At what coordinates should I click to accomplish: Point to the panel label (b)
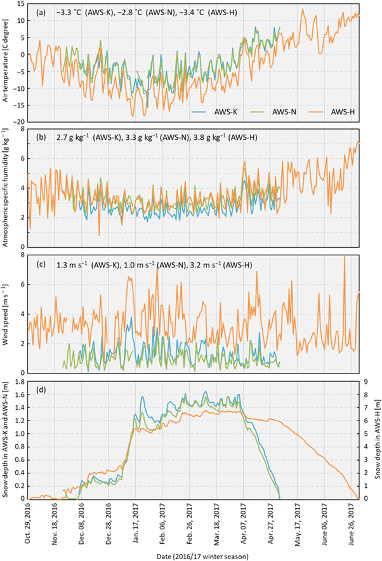[x=41, y=137]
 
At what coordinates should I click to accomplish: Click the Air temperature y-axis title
[x=8, y=62]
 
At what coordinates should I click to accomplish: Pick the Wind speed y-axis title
[x=8, y=314]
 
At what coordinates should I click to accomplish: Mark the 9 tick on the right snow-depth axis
[x=366, y=381]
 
